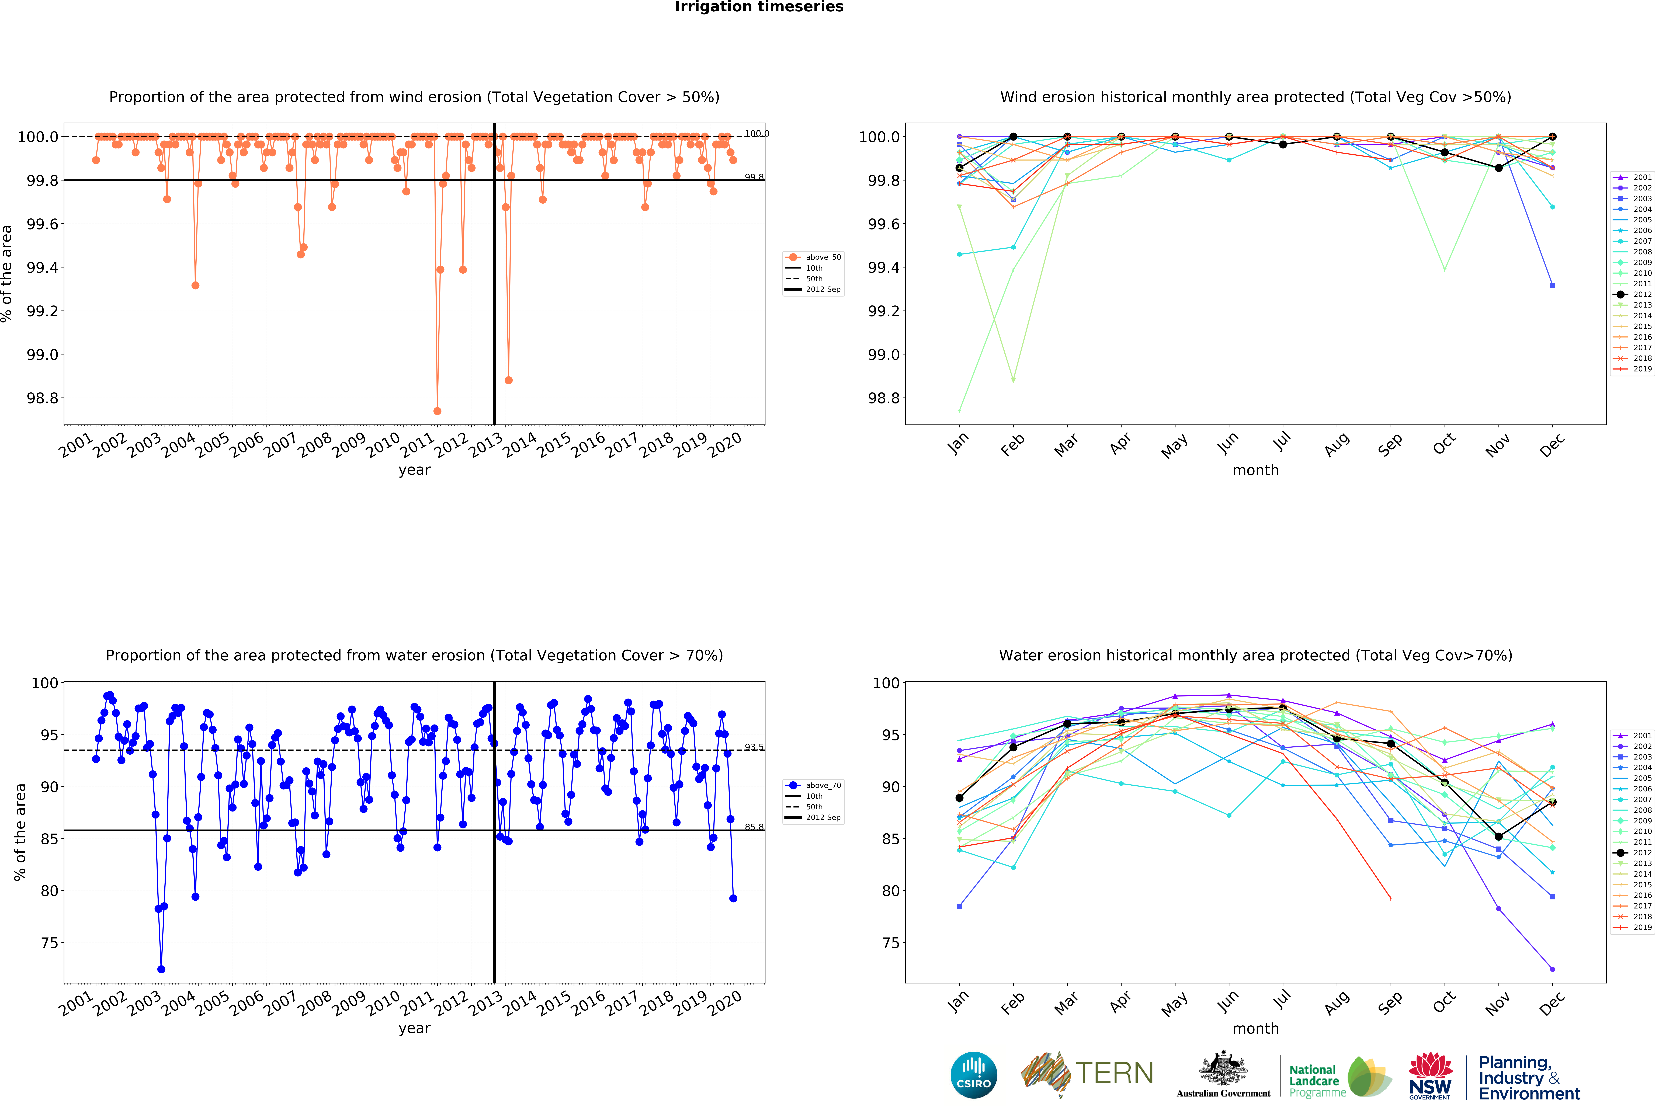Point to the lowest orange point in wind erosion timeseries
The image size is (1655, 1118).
[437, 411]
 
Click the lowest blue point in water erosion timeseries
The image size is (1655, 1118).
[161, 969]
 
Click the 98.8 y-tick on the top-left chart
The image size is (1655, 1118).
[41, 398]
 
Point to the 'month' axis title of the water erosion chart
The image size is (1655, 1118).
[1255, 1028]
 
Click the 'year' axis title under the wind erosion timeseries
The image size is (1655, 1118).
[414, 470]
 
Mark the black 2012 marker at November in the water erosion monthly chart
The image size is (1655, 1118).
[1498, 837]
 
